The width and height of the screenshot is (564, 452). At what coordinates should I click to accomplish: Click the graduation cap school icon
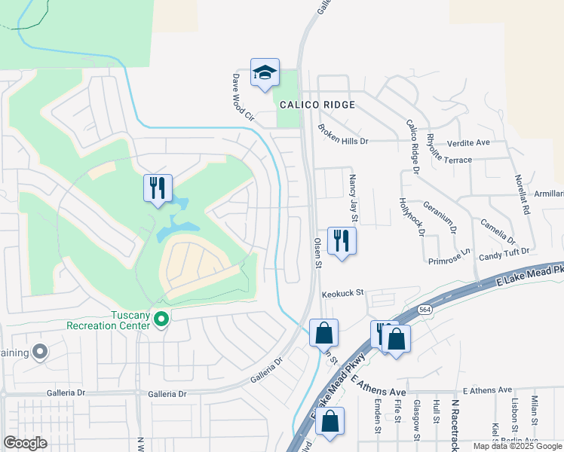(x=265, y=73)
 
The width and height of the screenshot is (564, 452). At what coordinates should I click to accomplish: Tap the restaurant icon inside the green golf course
(x=158, y=188)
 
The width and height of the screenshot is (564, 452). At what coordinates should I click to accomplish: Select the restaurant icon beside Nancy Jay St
(x=342, y=241)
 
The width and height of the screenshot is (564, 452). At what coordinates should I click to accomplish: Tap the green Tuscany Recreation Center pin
(x=161, y=320)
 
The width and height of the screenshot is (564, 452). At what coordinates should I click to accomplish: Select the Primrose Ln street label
(x=449, y=258)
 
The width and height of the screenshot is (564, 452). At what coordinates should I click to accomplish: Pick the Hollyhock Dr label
(x=412, y=216)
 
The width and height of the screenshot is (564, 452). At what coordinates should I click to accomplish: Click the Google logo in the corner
(x=25, y=443)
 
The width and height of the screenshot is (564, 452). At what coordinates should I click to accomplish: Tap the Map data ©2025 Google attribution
(x=517, y=446)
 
